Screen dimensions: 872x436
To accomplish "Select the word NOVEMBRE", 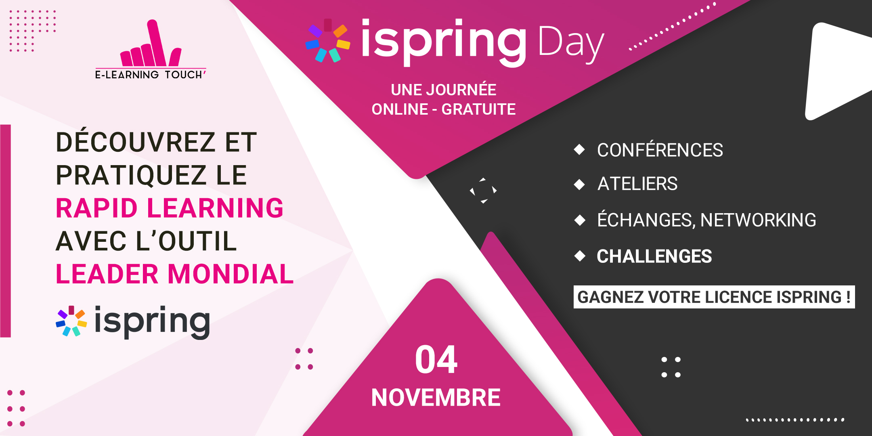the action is (436, 398).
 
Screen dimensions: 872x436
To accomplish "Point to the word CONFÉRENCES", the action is (660, 150).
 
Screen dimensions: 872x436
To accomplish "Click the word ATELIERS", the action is (637, 184).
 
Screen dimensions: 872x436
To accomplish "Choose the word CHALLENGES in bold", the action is (654, 256).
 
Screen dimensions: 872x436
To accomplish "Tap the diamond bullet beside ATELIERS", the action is (580, 184).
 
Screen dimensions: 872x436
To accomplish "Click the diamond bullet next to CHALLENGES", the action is (580, 256).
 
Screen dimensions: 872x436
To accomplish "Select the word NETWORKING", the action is (758, 220).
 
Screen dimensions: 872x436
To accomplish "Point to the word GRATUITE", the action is (478, 109).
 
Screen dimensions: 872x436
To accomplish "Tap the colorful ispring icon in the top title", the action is (328, 41).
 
